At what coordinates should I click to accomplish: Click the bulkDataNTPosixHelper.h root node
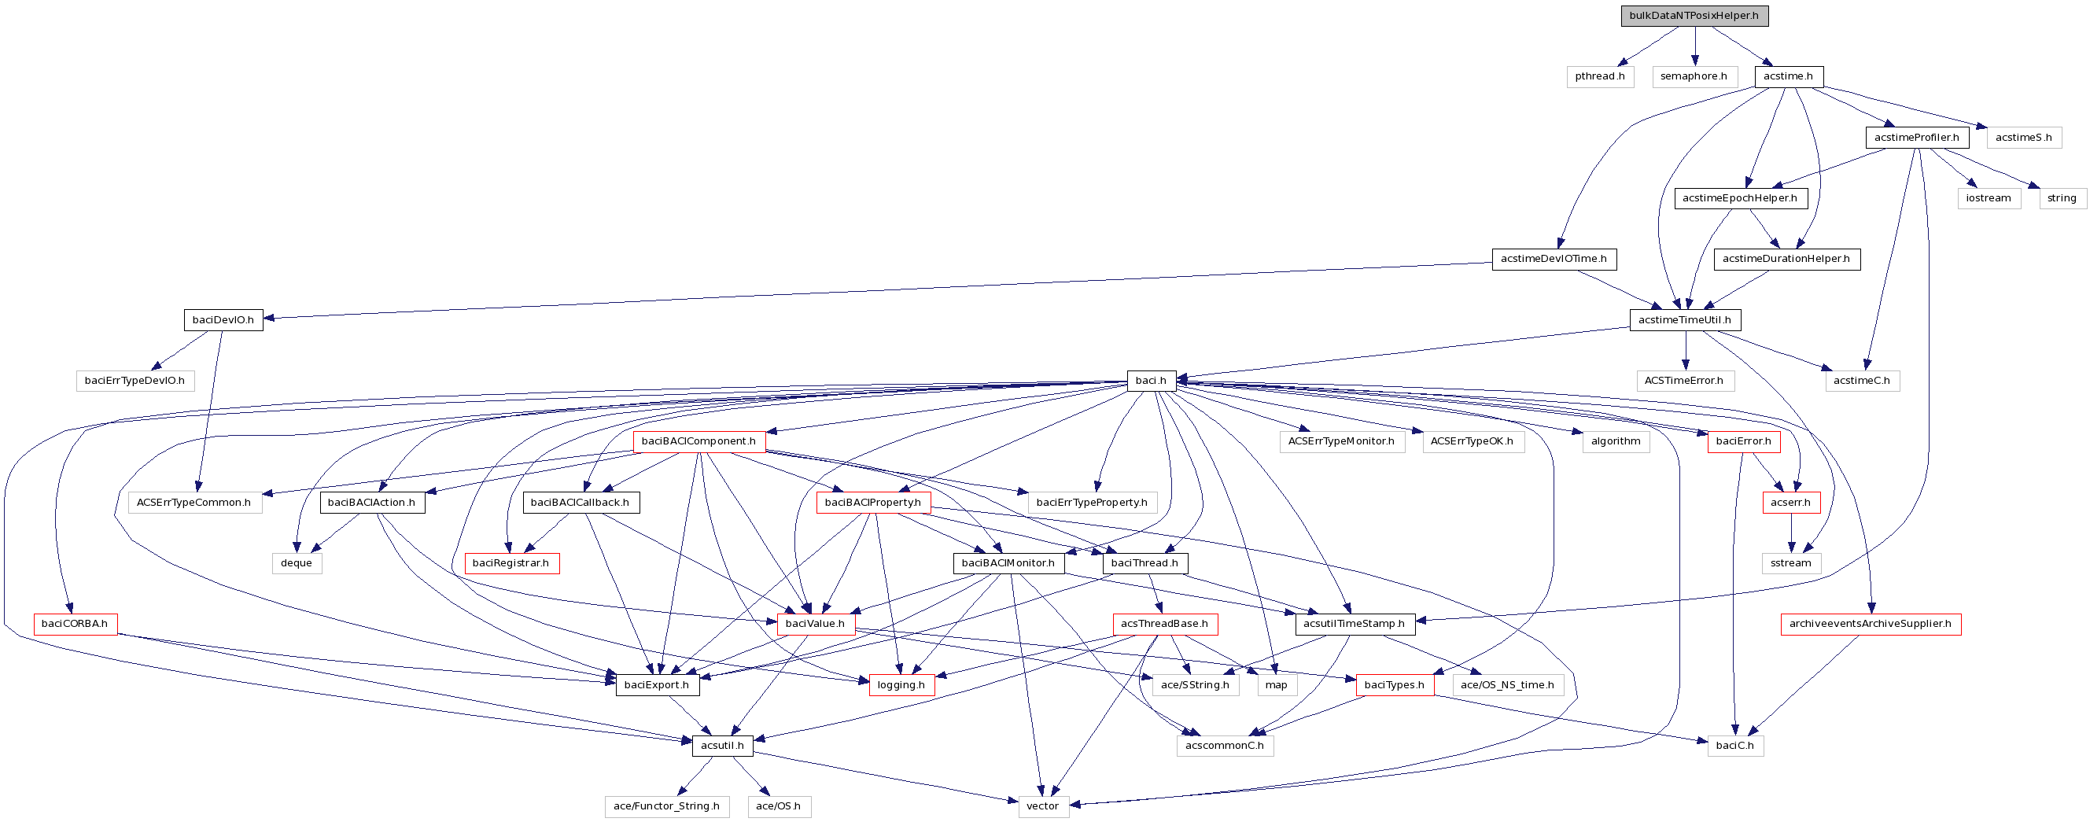[1694, 16]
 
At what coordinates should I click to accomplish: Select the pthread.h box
[1599, 76]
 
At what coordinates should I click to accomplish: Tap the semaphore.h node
[1694, 76]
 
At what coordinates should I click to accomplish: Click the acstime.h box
[1788, 76]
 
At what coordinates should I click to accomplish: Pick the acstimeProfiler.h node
[1916, 137]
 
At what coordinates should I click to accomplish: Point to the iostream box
[1988, 198]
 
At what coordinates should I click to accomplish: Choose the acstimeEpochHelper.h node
[1739, 198]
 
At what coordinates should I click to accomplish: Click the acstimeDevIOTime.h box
[1553, 259]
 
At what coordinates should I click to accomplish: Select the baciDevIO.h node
[223, 319]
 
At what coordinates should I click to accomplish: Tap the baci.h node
[1151, 381]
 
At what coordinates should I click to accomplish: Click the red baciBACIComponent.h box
[699, 441]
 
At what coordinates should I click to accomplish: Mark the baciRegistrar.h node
[511, 563]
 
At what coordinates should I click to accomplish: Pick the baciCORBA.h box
[75, 624]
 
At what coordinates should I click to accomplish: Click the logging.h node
[901, 685]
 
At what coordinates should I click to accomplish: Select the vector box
[1042, 805]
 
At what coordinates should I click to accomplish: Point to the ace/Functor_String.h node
[666, 805]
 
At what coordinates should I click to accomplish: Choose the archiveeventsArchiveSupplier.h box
[1870, 624]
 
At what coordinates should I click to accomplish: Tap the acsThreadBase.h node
[1164, 624]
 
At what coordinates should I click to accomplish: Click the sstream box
[1790, 563]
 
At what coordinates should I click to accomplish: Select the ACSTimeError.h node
[1683, 381]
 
